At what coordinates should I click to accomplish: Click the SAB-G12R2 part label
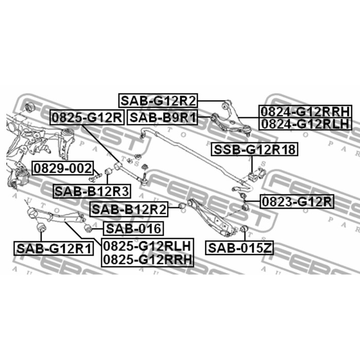(x=158, y=101)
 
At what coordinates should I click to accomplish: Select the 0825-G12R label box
(x=87, y=118)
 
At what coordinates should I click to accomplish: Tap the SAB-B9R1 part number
(x=163, y=118)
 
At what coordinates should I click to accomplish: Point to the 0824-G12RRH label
(x=305, y=112)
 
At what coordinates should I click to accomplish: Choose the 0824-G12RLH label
(x=305, y=124)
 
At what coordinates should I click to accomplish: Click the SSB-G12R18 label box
(x=255, y=149)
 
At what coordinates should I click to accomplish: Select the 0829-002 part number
(x=63, y=168)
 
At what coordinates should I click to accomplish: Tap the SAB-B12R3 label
(x=92, y=191)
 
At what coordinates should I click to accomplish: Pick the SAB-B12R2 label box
(x=129, y=209)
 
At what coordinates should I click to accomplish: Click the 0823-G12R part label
(x=297, y=202)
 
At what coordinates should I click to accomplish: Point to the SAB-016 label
(x=133, y=228)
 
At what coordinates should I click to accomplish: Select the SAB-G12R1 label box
(x=54, y=248)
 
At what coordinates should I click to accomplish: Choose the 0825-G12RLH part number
(x=148, y=246)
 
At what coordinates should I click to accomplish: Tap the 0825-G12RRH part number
(x=148, y=260)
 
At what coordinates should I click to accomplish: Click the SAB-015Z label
(x=240, y=248)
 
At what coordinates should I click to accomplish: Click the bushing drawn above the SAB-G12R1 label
(x=41, y=227)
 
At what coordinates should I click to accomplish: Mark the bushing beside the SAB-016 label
(x=88, y=228)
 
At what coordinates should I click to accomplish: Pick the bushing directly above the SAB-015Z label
(x=244, y=229)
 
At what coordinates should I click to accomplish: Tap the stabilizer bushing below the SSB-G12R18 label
(x=254, y=177)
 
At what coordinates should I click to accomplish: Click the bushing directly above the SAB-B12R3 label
(x=109, y=171)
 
